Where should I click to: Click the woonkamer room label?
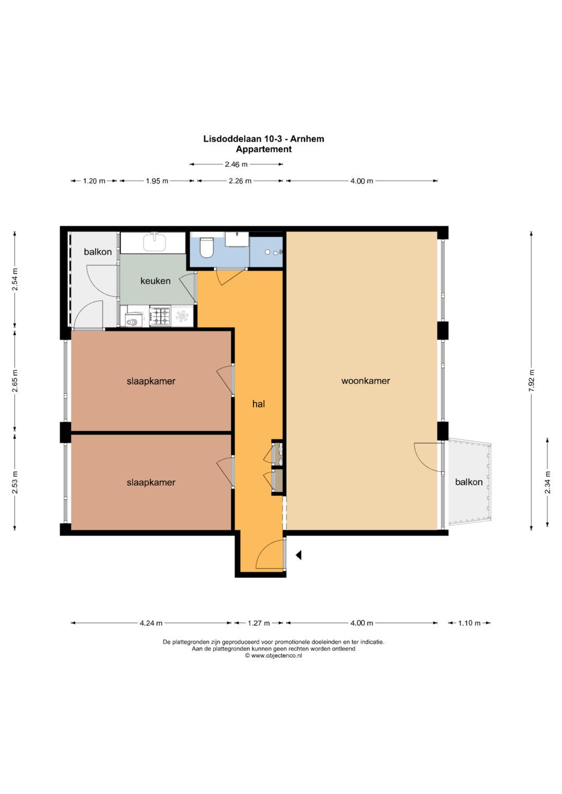coord(365,381)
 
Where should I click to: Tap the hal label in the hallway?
coord(259,404)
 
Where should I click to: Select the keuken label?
coord(156,281)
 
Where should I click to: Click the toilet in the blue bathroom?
coord(206,247)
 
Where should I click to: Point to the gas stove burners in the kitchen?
coord(160,316)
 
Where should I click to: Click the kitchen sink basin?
coord(155,242)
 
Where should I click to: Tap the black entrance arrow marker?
coord(299,555)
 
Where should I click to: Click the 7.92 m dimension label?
coord(531,381)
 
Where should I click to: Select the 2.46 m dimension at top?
coord(236,164)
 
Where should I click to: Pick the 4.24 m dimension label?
coord(151,623)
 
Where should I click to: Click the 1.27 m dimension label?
coord(259,623)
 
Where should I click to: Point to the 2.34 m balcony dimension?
coord(547,482)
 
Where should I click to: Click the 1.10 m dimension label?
coord(469,623)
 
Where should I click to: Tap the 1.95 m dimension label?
coord(157,181)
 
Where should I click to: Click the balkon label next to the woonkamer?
coord(469,482)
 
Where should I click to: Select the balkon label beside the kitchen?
coord(98,252)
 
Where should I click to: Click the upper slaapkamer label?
coord(151,382)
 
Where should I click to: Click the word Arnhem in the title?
coord(308,139)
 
